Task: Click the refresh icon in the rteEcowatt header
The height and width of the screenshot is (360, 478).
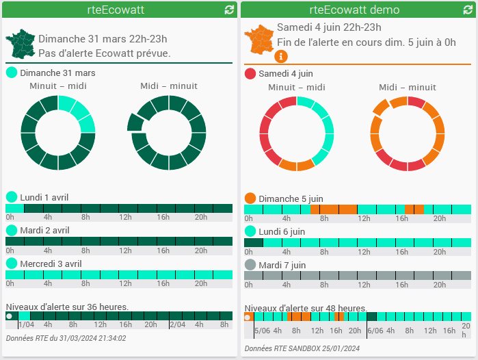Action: click(x=228, y=10)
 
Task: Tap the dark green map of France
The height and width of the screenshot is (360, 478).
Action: click(x=21, y=44)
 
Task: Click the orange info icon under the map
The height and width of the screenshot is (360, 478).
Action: click(x=281, y=56)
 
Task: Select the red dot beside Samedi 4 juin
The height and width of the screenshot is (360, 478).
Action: click(x=250, y=73)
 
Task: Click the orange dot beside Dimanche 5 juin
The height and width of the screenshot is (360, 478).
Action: click(x=250, y=198)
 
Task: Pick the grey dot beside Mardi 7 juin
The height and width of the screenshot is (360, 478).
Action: click(x=250, y=265)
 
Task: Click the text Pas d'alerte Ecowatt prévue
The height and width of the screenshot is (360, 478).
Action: click(x=105, y=53)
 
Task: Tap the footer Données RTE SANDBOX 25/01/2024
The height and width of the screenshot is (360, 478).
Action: click(x=302, y=348)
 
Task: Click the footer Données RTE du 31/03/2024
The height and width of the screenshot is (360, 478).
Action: click(x=66, y=338)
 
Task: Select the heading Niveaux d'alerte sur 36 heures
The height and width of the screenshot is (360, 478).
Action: click(x=67, y=306)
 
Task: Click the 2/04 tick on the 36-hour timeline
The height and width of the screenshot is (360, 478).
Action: click(x=177, y=325)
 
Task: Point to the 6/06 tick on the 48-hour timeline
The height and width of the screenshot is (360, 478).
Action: click(x=375, y=330)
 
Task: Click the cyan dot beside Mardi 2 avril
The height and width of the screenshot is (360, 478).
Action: click(x=12, y=231)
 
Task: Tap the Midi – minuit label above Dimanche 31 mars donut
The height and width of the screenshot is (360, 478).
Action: click(x=169, y=86)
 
